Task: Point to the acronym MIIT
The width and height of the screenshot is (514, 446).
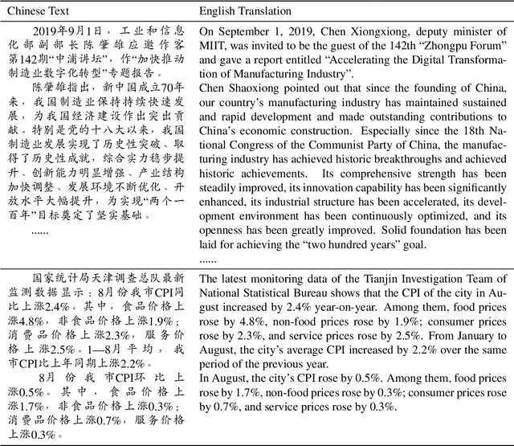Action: click(x=216, y=48)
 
